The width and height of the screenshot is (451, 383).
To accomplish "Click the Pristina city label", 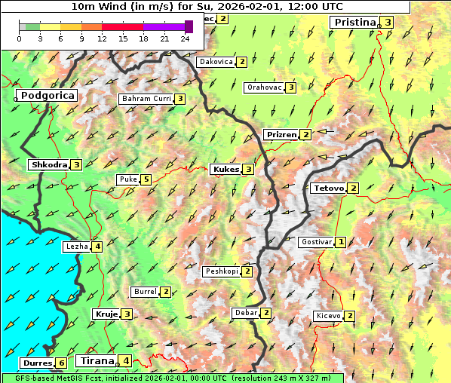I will pos(354,23).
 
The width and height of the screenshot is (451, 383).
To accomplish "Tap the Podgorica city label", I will pos(47,96).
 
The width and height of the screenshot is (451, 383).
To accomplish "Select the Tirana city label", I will pos(97,361).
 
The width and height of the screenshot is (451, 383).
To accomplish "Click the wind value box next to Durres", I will pos(61,363).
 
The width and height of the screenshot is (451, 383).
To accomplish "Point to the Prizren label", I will pos(281,135).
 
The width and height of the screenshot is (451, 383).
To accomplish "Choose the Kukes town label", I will pos(226,170).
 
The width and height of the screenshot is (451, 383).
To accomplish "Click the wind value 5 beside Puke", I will pos(146,179).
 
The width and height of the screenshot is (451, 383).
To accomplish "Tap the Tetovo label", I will pos(328,188).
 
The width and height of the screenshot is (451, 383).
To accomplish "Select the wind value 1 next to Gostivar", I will pos(341,242).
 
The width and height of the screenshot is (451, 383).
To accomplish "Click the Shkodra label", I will pos(49,165).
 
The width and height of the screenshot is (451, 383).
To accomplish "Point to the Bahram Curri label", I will pos(146,99).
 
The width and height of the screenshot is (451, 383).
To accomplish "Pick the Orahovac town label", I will pos(264,87).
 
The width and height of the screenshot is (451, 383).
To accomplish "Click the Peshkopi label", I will pos(222,271).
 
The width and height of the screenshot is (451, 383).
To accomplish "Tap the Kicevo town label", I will pos(329,316).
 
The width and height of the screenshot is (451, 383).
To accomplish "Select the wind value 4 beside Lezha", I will pos(97,246).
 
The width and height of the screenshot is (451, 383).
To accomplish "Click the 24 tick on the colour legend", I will pos(185,38).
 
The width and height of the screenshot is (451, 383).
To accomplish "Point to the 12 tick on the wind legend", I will pos(102,38).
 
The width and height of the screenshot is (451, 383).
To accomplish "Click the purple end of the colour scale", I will pos(189,26).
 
